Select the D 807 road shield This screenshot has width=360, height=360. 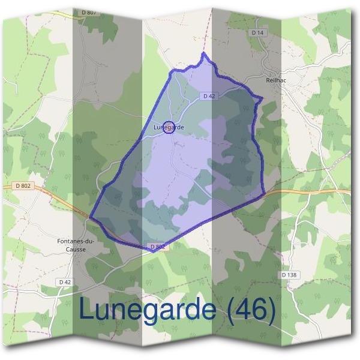[x=88, y=12]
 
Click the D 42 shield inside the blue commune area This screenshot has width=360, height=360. [x=209, y=96]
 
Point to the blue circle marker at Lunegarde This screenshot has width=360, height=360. [x=169, y=127]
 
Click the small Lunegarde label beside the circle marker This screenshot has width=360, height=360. [x=168, y=127]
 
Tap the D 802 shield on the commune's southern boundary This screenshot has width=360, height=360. [x=157, y=246]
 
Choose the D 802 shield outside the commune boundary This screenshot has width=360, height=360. [x=23, y=187]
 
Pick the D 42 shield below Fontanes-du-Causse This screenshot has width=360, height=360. [x=65, y=281]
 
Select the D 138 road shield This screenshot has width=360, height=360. [x=289, y=275]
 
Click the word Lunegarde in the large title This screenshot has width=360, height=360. [x=148, y=310]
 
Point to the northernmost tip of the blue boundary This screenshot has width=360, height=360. [x=204, y=53]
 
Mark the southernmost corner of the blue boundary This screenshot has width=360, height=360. [x=153, y=251]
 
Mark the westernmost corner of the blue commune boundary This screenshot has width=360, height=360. [x=91, y=217]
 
